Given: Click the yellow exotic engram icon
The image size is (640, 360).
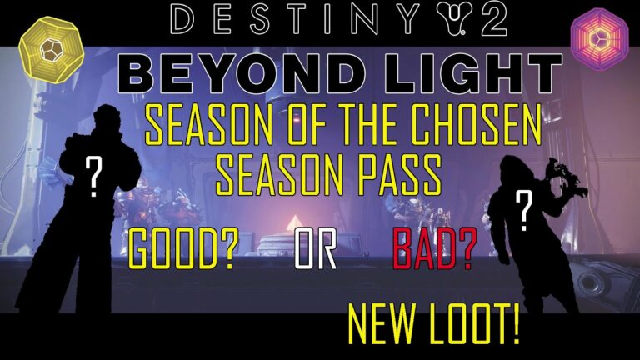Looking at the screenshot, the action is coord(51,49).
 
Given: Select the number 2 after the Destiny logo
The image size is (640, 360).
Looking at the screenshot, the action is coord(492,19).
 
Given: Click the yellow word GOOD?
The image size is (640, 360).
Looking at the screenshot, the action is coord(183,248).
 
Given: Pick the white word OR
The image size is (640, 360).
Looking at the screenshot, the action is coord(316,249).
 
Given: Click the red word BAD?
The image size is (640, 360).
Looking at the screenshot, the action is coord(435,249).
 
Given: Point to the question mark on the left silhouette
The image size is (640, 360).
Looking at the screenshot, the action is coord(94,177).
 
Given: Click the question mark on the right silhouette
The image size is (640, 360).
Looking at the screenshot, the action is coord(524,211).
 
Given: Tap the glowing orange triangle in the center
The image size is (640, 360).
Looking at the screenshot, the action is coord(292,223).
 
